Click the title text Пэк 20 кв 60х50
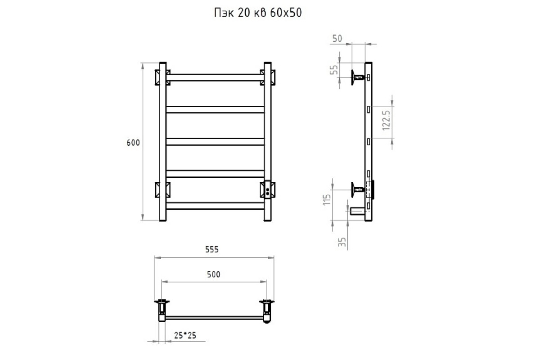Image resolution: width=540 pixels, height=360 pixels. (258, 13)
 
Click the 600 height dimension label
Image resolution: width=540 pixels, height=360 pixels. (133, 143)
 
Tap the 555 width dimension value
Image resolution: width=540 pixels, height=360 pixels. (212, 249)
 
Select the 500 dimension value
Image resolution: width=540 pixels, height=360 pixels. (214, 274)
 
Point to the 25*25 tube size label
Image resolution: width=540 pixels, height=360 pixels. (185, 335)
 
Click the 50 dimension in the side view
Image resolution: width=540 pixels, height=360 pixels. (337, 39)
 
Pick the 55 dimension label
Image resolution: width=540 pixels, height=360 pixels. (334, 70)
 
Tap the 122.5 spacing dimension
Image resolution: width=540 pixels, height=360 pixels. (386, 121)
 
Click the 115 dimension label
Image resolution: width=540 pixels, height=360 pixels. (327, 200)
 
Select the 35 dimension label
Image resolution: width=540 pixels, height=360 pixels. (342, 242)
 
